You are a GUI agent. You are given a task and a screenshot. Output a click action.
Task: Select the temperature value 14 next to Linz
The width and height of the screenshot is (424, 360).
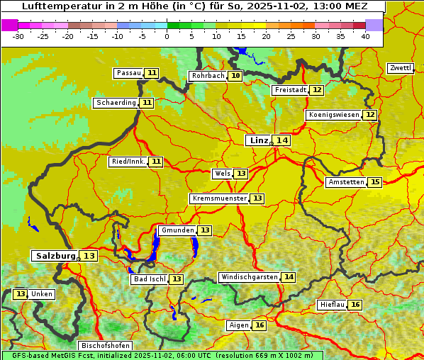[282, 140]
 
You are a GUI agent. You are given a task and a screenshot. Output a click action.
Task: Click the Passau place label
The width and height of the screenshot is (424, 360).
[129, 73]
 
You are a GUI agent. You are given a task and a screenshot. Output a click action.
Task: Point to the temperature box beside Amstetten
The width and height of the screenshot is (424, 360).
[374, 182]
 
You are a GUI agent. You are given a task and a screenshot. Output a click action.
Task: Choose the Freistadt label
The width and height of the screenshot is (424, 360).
[290, 90]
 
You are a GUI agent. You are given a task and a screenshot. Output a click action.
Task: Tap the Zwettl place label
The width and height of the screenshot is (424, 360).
[400, 68]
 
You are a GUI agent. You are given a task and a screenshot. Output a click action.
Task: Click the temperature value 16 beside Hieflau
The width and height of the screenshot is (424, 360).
[355, 305]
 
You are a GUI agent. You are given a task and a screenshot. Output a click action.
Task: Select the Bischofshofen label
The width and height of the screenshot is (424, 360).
[104, 346]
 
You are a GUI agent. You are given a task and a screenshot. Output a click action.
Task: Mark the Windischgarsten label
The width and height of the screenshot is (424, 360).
[249, 277]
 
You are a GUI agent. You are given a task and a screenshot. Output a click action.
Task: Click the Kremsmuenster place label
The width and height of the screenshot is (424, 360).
[219, 198]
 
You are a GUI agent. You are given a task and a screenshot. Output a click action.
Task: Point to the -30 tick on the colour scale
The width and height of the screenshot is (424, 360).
[18, 35]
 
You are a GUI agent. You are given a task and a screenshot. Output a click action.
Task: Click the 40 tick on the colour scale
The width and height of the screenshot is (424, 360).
[365, 35]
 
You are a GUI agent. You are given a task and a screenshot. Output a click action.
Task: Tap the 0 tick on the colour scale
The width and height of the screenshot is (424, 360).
[167, 35]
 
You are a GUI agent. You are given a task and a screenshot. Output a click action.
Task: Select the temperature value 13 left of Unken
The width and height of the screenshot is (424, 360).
[20, 294]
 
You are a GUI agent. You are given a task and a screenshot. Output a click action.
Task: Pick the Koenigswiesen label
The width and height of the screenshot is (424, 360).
[333, 115]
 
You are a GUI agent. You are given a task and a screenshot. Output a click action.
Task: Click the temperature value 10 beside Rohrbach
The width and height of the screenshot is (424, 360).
[235, 76]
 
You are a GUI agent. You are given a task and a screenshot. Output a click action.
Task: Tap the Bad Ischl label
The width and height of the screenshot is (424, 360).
[149, 279]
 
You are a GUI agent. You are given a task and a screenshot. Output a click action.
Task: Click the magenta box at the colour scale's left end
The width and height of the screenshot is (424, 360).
[10, 25]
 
